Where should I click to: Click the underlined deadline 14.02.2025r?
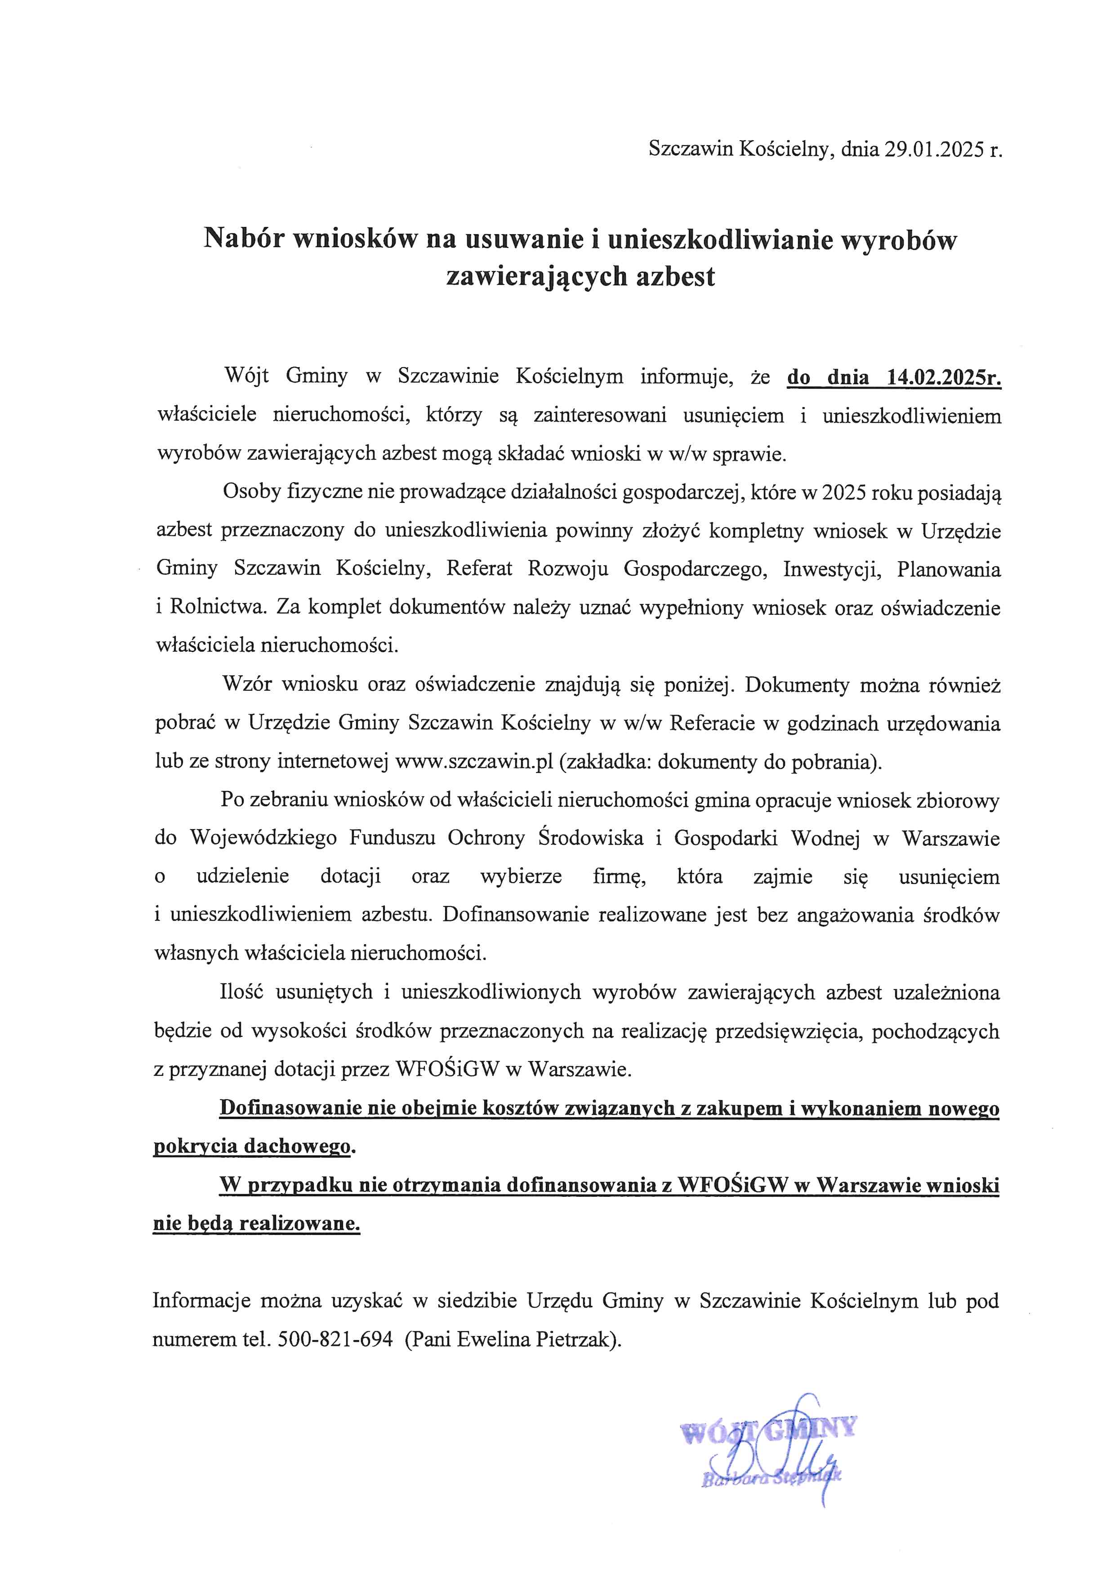[x=944, y=377]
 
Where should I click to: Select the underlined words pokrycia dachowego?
[x=251, y=1146]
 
